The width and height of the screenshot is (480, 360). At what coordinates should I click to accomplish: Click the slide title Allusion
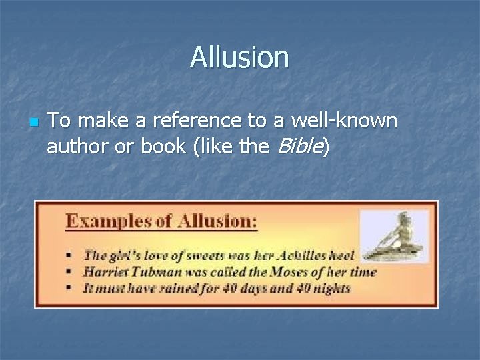[239, 57]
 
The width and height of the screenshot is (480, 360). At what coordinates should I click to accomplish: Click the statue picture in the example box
[394, 237]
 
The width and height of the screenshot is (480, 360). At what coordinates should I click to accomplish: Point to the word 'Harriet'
[105, 271]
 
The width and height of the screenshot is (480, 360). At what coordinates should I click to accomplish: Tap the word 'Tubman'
[155, 271]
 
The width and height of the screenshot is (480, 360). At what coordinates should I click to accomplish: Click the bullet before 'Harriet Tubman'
[70, 272]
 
